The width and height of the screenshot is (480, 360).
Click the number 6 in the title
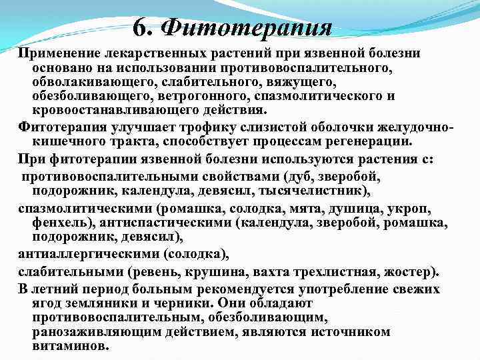[x=139, y=27]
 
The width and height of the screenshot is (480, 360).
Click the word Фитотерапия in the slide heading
[x=248, y=27]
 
